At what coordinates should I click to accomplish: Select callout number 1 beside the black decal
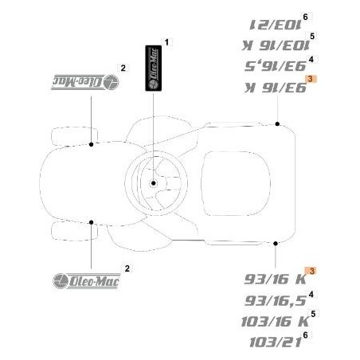(x=166, y=41)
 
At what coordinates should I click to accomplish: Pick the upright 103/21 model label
(x=269, y=342)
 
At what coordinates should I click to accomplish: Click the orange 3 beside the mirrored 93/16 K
(x=311, y=78)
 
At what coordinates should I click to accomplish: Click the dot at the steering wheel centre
(x=153, y=183)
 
